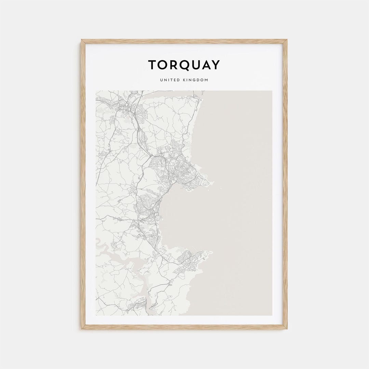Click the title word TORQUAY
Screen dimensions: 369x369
coord(184,65)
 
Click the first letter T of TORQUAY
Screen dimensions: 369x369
coord(152,65)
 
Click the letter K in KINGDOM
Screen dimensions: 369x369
coord(186,80)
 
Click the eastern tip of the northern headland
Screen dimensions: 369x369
coord(213,182)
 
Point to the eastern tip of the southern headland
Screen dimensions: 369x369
coord(211,252)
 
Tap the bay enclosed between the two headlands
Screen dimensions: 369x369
coord(184,219)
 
